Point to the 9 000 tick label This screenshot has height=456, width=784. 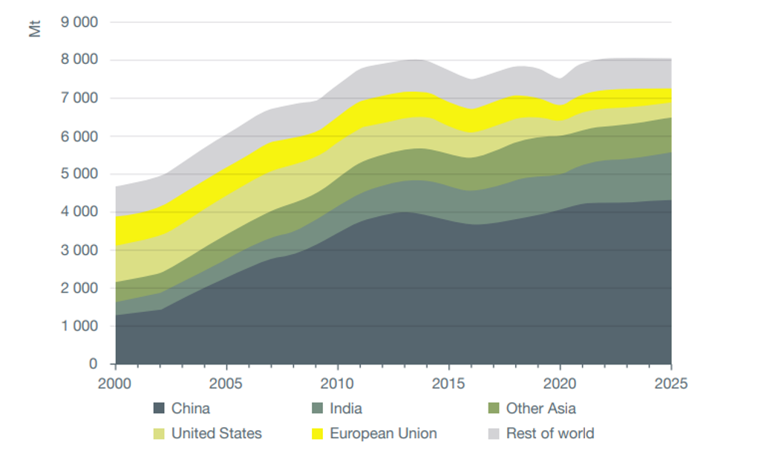tap(78, 22)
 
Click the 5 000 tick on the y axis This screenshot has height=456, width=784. tap(78, 175)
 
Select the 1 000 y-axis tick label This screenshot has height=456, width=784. tap(78, 326)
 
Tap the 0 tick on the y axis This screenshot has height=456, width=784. tap(93, 364)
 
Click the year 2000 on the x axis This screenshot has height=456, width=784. tap(115, 383)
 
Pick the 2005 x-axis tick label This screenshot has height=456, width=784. tap(226, 383)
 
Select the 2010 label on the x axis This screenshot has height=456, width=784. tap(338, 383)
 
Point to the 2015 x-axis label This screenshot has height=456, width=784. tap(448, 383)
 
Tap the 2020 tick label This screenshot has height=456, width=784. tap(560, 383)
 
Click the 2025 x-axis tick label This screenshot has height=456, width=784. tap(671, 383)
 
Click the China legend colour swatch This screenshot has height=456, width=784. tap(158, 408)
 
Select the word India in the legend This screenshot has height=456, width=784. tap(346, 408)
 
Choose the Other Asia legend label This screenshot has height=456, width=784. tap(540, 408)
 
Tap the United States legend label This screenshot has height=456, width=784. tap(216, 433)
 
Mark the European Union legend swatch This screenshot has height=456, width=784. tap(317, 433)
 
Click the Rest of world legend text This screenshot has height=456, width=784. tap(550, 433)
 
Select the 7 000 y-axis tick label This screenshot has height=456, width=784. tap(78, 98)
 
